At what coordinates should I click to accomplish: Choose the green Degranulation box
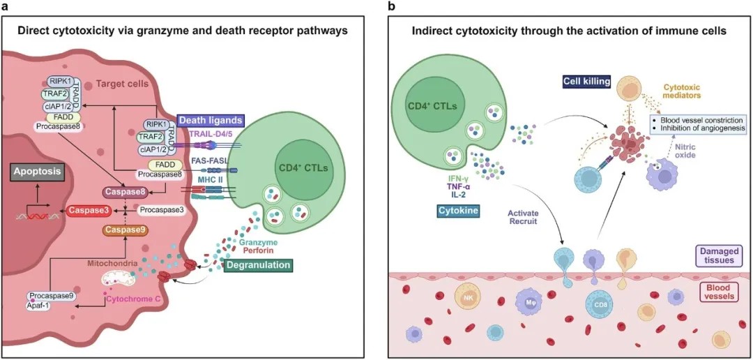click(257, 265)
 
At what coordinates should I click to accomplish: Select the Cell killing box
click(586, 82)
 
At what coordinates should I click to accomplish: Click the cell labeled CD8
click(600, 304)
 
